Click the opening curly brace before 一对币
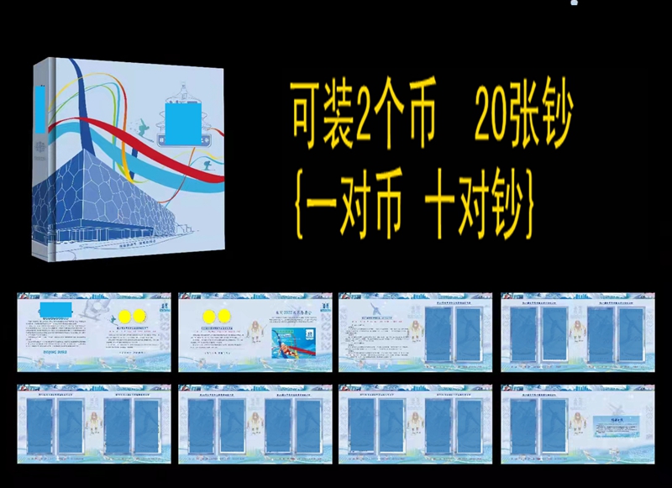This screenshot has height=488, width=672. [297, 203]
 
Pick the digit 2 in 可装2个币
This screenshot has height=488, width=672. [363, 124]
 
